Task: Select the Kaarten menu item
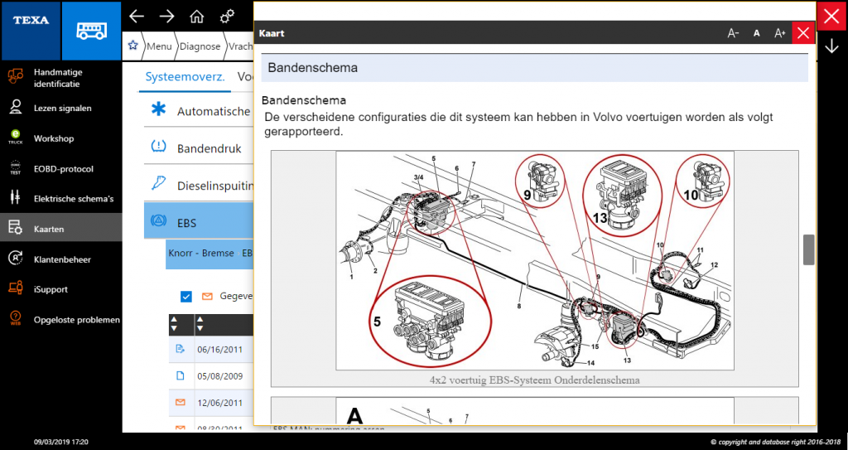tap(49, 229)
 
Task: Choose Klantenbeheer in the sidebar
tap(61, 259)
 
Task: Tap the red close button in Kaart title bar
tap(802, 33)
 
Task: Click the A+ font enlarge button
tap(779, 33)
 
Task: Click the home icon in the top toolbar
tap(196, 17)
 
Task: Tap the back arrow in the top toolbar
tap(137, 17)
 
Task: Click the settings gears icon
tap(226, 17)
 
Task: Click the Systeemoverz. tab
tap(185, 76)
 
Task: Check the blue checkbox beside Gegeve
tap(185, 296)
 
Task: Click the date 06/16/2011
tap(219, 349)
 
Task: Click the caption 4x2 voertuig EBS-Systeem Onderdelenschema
tap(534, 380)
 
